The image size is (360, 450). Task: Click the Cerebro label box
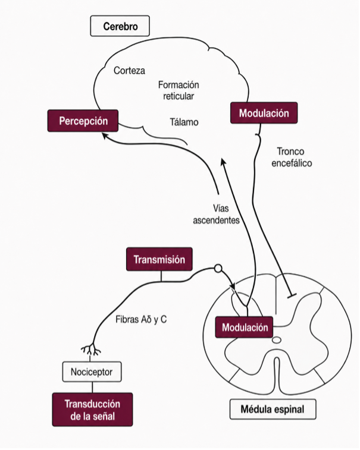click(120, 26)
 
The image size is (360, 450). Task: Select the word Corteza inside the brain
click(129, 71)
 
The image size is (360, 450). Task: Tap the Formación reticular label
click(179, 90)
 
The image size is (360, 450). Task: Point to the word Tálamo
click(184, 122)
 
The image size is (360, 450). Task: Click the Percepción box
click(83, 121)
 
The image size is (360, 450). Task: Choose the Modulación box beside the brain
click(264, 113)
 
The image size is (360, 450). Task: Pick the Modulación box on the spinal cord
click(244, 327)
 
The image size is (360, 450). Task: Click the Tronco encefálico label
click(292, 158)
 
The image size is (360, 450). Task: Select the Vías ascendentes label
click(217, 214)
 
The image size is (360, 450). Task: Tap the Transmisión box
click(159, 259)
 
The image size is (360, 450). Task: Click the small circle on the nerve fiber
click(218, 269)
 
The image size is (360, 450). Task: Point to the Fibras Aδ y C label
click(141, 319)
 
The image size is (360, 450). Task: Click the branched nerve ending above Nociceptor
click(91, 350)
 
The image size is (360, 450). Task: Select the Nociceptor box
click(92, 372)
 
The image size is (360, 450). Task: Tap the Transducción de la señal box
click(92, 410)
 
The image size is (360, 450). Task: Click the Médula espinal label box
click(273, 409)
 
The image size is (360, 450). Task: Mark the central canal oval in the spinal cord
click(277, 340)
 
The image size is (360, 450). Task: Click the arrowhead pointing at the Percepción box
click(105, 136)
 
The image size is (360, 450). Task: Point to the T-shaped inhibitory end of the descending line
click(292, 295)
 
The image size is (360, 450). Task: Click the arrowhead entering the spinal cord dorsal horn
click(233, 287)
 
